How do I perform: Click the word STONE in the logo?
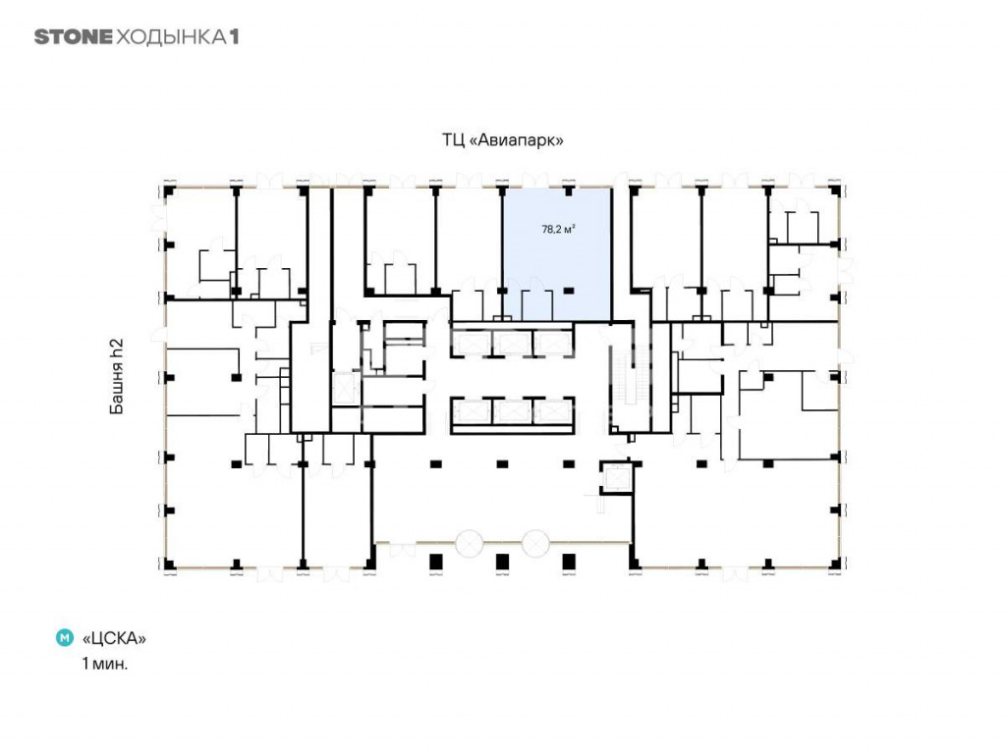(x=73, y=37)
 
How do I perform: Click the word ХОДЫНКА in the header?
(x=171, y=37)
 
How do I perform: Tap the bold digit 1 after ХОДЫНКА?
(x=234, y=37)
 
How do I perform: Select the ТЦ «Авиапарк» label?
(x=502, y=139)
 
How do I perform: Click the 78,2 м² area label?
(x=558, y=229)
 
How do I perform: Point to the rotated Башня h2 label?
(x=116, y=376)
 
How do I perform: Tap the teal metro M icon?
(x=65, y=638)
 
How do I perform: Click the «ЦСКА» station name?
(x=114, y=638)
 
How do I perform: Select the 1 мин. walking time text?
(x=104, y=664)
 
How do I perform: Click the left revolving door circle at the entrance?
(x=469, y=543)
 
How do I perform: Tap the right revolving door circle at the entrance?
(x=535, y=543)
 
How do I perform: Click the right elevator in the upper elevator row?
(x=552, y=344)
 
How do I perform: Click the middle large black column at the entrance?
(x=502, y=562)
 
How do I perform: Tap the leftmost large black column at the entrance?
(x=435, y=562)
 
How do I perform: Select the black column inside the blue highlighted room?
(x=569, y=291)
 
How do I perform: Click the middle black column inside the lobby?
(x=502, y=463)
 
